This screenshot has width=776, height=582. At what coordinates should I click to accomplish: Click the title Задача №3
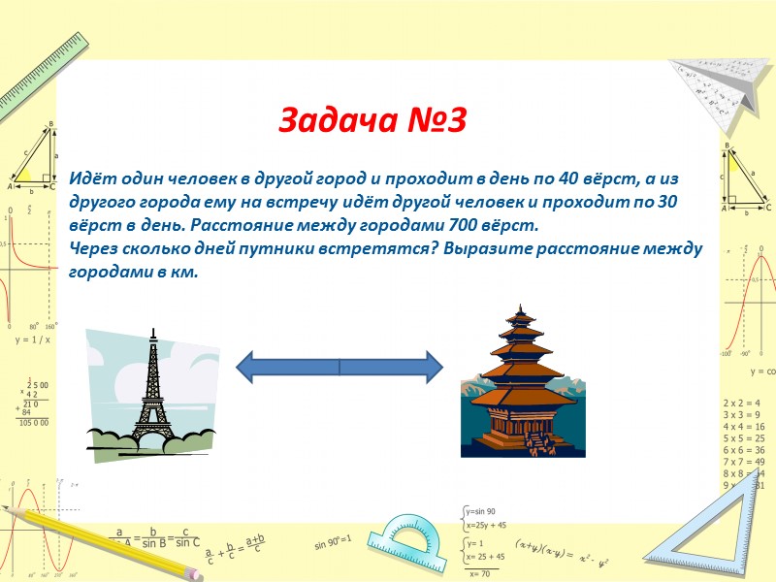373,120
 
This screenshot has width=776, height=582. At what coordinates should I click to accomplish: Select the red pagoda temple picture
523,383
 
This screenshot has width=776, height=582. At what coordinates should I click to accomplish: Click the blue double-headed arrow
339,368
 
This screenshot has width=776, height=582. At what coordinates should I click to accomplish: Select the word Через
93,248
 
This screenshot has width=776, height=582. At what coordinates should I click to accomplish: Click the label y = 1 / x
32,340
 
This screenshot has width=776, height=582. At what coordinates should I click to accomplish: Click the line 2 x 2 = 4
742,403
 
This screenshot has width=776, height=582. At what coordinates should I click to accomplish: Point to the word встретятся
368,248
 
